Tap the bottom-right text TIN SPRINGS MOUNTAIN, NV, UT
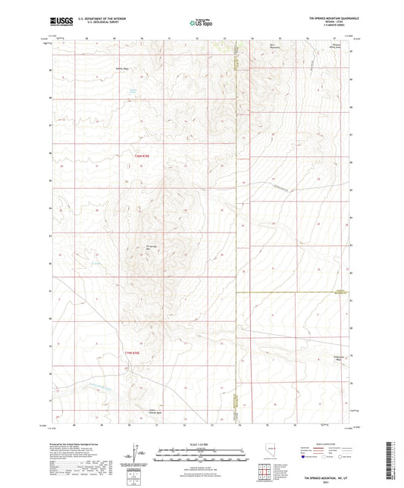(327, 478)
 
